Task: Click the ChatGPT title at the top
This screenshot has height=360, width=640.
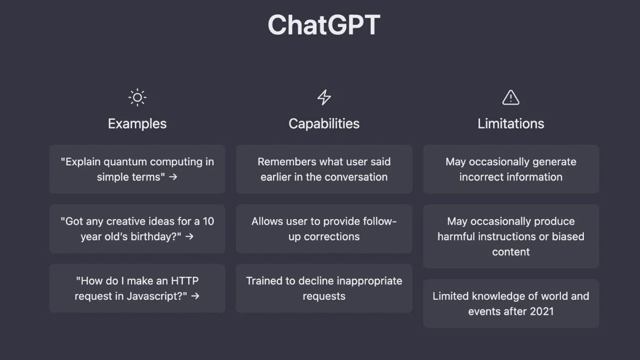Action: pyautogui.click(x=324, y=25)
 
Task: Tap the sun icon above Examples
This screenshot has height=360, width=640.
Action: pyautogui.click(x=137, y=98)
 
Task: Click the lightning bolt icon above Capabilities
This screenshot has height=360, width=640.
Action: pyautogui.click(x=324, y=98)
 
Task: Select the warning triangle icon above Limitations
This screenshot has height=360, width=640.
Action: pyautogui.click(x=510, y=97)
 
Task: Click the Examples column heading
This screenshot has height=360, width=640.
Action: pyautogui.click(x=137, y=124)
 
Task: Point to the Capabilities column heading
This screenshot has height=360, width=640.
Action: pyautogui.click(x=324, y=124)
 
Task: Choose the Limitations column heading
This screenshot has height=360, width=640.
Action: pyautogui.click(x=510, y=124)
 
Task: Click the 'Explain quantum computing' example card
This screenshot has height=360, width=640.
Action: pyautogui.click(x=137, y=169)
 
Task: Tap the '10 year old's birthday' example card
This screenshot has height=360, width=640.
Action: pyautogui.click(x=137, y=229)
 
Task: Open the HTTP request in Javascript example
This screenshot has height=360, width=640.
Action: pyautogui.click(x=137, y=289)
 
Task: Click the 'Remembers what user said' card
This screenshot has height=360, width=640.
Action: pyautogui.click(x=324, y=169)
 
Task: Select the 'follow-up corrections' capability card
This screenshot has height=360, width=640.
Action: pyautogui.click(x=324, y=229)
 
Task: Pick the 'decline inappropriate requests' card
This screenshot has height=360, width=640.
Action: pyautogui.click(x=324, y=289)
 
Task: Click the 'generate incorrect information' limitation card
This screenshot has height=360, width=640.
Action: pyautogui.click(x=510, y=169)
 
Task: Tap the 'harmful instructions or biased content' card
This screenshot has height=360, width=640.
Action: pyautogui.click(x=510, y=236)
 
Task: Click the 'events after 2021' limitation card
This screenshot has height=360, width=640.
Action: pyautogui.click(x=510, y=303)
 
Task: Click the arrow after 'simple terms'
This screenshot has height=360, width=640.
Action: pyautogui.click(x=173, y=177)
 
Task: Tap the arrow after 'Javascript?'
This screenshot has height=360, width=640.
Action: pyautogui.click(x=195, y=296)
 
